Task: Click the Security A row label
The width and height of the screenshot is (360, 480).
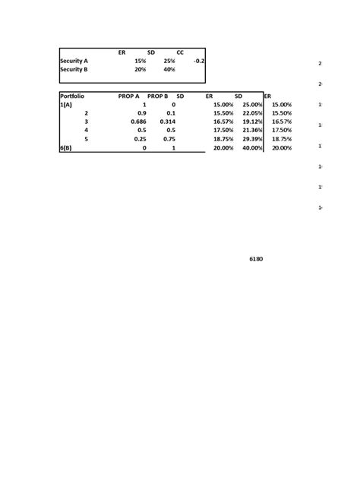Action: tap(74, 61)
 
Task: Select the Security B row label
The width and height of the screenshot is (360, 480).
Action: tap(74, 70)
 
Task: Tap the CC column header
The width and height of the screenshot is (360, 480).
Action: tap(180, 52)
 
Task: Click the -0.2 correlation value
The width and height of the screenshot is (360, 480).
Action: tap(199, 61)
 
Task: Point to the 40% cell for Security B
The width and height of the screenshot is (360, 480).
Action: tap(168, 70)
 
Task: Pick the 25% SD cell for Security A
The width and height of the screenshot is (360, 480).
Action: tap(168, 61)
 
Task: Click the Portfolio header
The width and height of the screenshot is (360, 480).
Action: tap(72, 96)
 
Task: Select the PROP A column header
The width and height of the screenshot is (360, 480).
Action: tap(129, 96)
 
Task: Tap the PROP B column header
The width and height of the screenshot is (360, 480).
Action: tap(157, 96)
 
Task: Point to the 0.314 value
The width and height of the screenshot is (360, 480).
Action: tap(168, 122)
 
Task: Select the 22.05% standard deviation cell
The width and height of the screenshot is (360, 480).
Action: tap(251, 113)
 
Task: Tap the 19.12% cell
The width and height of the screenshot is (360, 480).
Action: tap(251, 122)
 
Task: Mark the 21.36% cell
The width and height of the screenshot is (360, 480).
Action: tap(251, 131)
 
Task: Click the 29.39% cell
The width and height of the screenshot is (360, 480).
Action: tap(251, 140)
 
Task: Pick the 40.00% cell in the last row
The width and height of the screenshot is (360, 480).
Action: tap(251, 149)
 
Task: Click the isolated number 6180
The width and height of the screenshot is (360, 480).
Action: tap(257, 260)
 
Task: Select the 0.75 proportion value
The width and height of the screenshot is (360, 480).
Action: tap(169, 140)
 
